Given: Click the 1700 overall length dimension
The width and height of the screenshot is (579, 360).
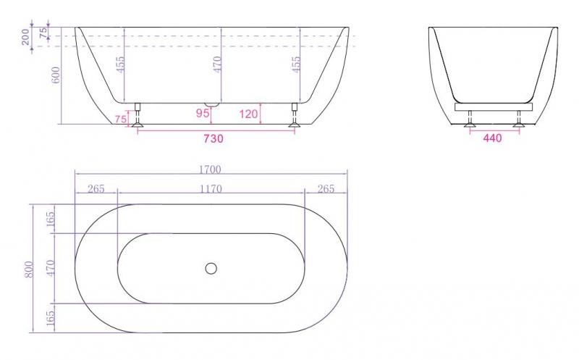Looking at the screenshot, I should [211, 169].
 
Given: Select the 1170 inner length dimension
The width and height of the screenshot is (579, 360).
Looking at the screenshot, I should [211, 189].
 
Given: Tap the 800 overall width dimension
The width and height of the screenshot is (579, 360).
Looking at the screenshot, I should [30, 269].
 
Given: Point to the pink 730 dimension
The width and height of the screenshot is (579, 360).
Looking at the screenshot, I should [212, 138].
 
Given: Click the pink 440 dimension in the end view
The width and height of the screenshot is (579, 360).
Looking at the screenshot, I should [492, 138].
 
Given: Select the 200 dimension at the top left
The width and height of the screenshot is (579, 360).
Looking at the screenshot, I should [27, 37].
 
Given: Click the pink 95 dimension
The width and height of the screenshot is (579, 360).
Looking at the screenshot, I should [202, 113].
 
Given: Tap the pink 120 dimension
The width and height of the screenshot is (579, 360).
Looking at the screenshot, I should [248, 113].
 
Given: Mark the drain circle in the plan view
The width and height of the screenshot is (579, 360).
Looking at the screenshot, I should [211, 268].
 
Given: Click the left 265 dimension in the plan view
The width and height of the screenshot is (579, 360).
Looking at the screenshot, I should [96, 189].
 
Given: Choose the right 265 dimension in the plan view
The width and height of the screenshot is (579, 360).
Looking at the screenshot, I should [326, 189].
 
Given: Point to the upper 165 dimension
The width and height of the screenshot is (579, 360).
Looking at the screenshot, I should [51, 219].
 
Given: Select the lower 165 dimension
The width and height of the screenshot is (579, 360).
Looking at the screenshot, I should [51, 317].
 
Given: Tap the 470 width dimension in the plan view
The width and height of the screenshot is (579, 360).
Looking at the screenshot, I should [51, 268].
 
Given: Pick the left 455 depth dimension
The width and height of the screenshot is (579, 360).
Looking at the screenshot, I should [119, 66].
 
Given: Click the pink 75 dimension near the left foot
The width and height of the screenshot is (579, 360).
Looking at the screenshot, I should [120, 119].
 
